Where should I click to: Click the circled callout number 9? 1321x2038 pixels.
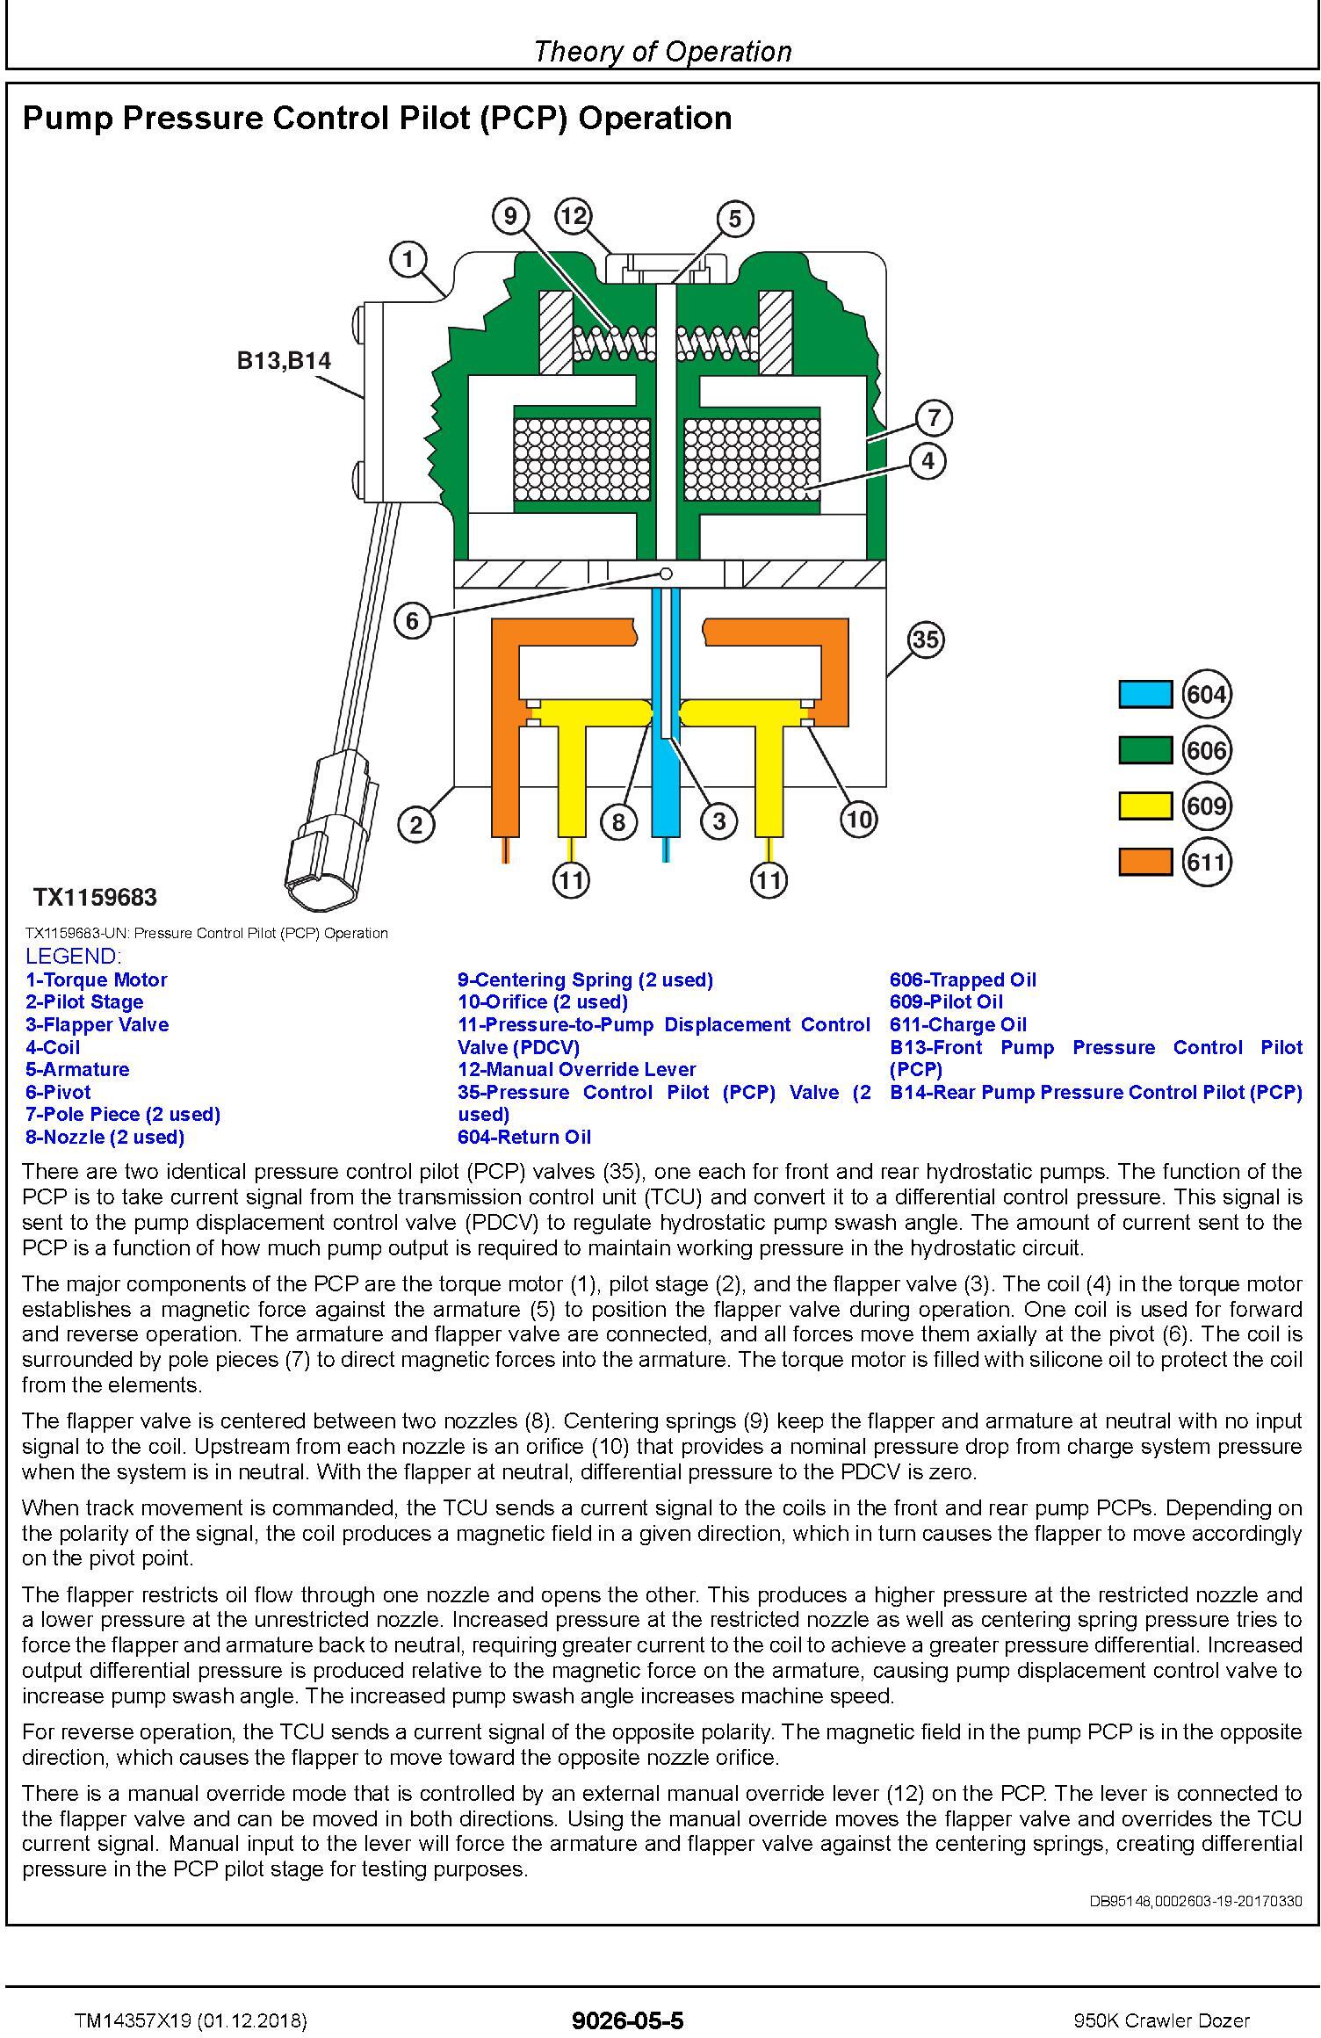[x=510, y=215]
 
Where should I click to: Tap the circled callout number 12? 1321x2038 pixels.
[x=573, y=215]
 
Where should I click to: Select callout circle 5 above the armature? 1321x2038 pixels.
[x=734, y=219]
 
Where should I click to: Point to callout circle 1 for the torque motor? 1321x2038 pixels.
[x=408, y=259]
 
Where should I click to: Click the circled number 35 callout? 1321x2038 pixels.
[x=926, y=640]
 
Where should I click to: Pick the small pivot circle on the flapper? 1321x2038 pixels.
[x=666, y=574]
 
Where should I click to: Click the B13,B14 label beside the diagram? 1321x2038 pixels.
[x=284, y=360]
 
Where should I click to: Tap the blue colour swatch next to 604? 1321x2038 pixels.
[x=1144, y=694]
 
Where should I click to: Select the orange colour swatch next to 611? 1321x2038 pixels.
[x=1144, y=863]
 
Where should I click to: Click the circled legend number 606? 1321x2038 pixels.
[x=1206, y=750]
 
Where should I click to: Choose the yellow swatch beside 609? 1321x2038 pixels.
[x=1144, y=806]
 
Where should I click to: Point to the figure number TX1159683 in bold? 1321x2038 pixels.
[x=95, y=898]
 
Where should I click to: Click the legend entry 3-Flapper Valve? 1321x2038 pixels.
[x=97, y=1024]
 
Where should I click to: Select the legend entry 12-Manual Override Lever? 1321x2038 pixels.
[x=576, y=1069]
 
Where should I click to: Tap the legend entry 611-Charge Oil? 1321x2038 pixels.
[x=957, y=1024]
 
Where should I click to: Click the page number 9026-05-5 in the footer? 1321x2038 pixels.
[x=627, y=1996]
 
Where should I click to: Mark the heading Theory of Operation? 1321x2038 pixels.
[x=662, y=51]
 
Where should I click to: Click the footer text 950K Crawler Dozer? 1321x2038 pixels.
[x=1161, y=1997]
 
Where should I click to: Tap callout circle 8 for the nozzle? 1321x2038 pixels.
[x=618, y=821]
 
